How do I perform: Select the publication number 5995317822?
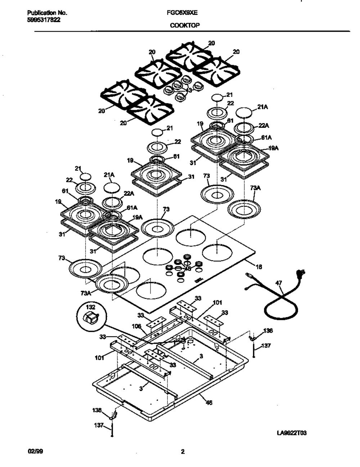coord(44,20)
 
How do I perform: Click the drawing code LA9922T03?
coord(292,433)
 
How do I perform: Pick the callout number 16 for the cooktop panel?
coord(259,267)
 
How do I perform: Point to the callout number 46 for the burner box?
coord(208,403)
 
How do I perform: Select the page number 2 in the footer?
coord(183,452)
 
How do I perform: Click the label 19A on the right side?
coord(275,148)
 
